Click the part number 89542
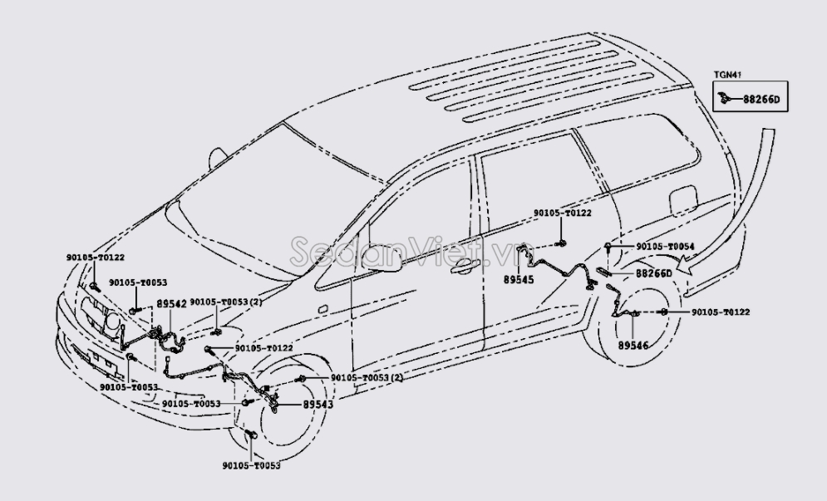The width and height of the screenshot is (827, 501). [x=172, y=304]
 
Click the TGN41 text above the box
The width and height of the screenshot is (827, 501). [x=726, y=76]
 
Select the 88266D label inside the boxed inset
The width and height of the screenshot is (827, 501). [x=760, y=100]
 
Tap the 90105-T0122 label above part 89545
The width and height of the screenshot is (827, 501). [x=563, y=214]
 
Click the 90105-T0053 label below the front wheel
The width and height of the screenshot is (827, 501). [x=252, y=466]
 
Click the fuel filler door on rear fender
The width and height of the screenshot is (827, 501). [x=683, y=200]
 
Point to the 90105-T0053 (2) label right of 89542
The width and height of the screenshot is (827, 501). [x=226, y=302]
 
